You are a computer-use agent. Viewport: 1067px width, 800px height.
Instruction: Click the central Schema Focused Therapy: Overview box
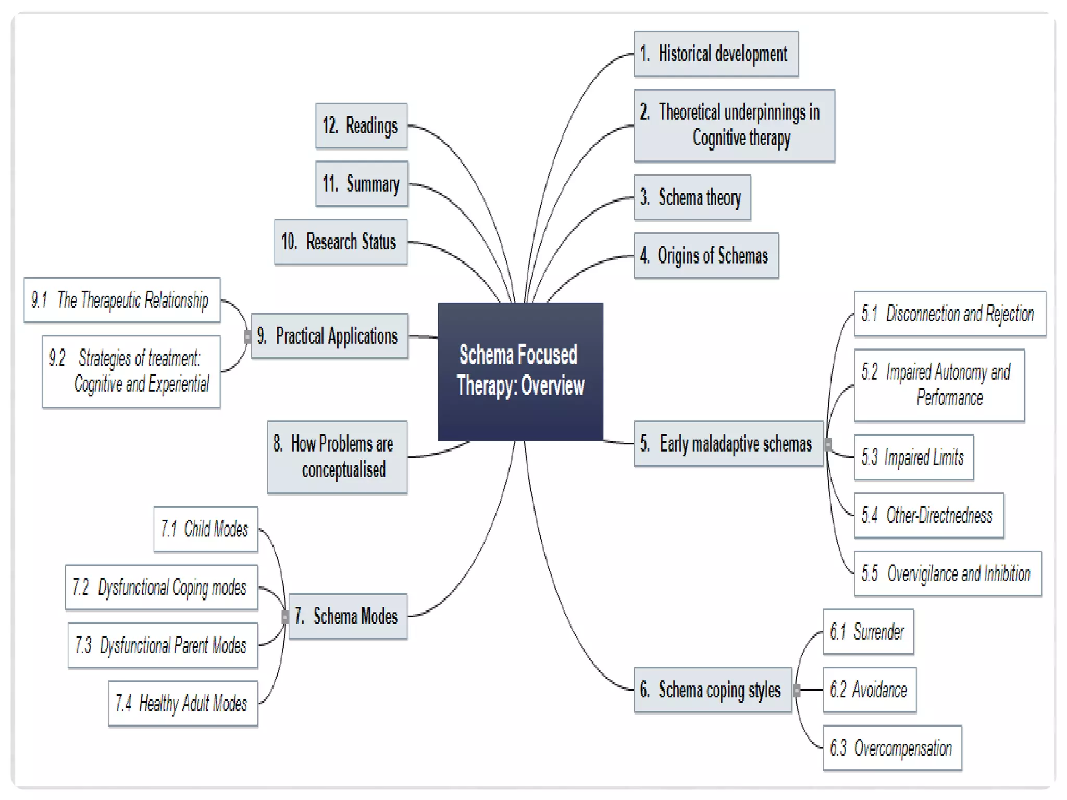tap(520, 371)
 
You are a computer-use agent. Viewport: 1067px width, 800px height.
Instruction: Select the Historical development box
tap(715, 54)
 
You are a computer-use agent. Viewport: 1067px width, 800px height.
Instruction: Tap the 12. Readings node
tap(361, 126)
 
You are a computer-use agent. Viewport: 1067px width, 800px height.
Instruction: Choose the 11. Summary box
tap(362, 184)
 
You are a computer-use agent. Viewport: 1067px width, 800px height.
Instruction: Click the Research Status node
tap(341, 242)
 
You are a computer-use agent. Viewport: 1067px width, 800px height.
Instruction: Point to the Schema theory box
tap(692, 197)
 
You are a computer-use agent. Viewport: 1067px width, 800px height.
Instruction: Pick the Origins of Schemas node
tap(706, 256)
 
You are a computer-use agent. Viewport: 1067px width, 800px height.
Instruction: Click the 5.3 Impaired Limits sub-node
tap(913, 457)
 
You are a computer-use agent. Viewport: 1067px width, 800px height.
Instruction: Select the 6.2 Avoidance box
tap(869, 690)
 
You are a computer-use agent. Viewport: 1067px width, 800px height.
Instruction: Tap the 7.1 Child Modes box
tap(205, 529)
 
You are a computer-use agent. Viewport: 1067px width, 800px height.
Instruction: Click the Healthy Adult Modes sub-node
tap(183, 703)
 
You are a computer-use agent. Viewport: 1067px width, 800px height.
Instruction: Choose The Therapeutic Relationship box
tap(122, 300)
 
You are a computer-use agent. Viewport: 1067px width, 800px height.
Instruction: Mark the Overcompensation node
tap(892, 748)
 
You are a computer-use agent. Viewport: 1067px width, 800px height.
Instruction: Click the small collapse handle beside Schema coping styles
tap(797, 691)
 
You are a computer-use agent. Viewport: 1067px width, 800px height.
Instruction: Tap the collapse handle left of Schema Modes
tap(285, 617)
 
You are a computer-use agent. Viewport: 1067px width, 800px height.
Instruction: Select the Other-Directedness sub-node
tap(928, 515)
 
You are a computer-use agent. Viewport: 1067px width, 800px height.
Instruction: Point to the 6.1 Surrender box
tap(868, 632)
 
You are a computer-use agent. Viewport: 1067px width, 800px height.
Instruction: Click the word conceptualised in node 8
tap(344, 470)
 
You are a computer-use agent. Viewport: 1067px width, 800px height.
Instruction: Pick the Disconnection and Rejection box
tap(949, 314)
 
